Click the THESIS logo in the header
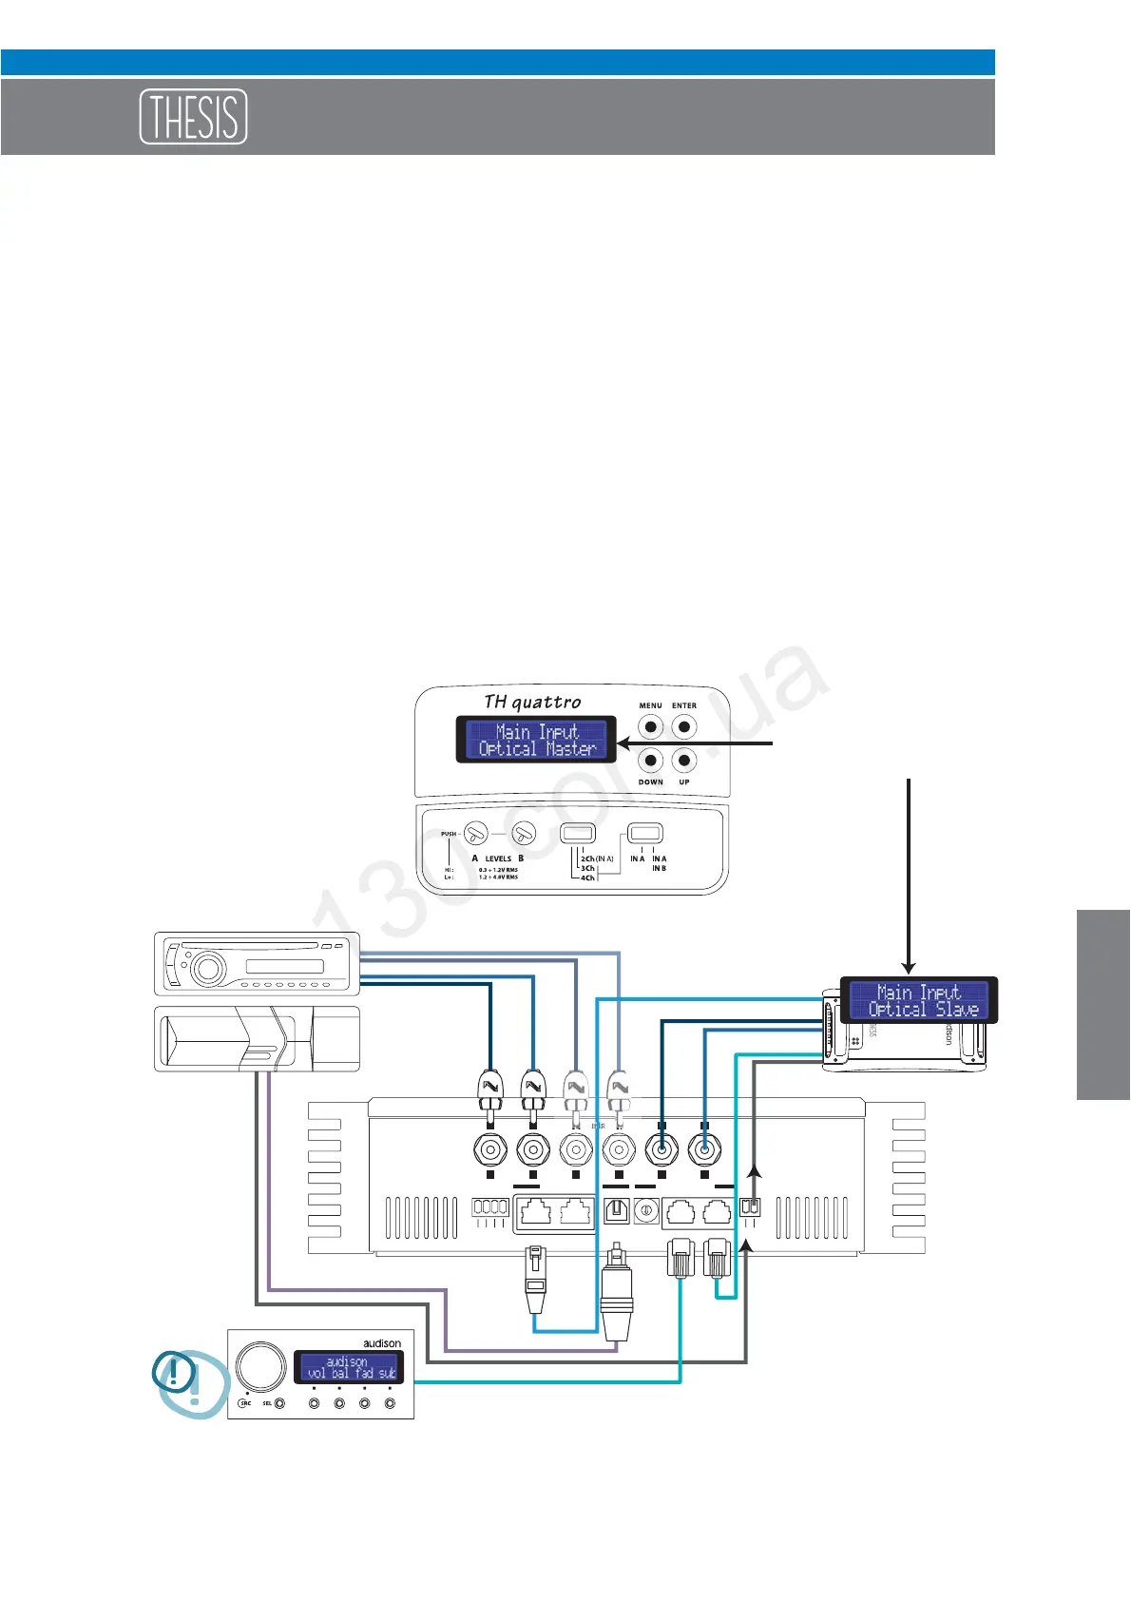(193, 117)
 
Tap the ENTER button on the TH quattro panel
(683, 727)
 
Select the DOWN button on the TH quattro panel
(650, 761)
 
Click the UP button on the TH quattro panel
(683, 761)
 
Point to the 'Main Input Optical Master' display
(537, 740)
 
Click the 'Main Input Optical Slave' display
(919, 1000)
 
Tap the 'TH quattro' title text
(532, 703)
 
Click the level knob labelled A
(476, 834)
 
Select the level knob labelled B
(524, 834)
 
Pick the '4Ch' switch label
(587, 878)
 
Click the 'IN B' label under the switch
(659, 868)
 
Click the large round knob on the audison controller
(260, 1366)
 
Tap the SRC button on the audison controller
(244, 1403)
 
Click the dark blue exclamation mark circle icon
(174, 1374)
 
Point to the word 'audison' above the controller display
(382, 1343)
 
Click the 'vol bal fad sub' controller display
(349, 1368)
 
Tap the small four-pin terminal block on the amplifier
(490, 1207)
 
